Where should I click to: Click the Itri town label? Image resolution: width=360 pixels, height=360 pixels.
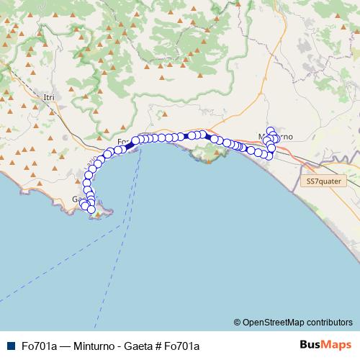49,97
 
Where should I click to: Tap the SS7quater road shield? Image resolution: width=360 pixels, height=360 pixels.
322,182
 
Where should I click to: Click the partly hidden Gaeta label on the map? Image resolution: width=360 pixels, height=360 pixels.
77,199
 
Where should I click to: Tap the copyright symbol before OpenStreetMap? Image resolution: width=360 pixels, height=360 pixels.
238,322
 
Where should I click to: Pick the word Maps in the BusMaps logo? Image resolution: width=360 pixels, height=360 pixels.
336,344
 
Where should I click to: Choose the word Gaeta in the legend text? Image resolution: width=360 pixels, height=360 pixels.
137,346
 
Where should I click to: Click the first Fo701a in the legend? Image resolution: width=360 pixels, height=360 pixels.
39,346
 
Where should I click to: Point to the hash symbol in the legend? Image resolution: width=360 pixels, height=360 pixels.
158,346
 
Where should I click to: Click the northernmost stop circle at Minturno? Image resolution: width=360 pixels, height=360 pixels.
271,131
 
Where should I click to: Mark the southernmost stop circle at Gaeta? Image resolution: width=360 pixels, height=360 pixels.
92,209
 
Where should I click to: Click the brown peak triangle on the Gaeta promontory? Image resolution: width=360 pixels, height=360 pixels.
99,213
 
